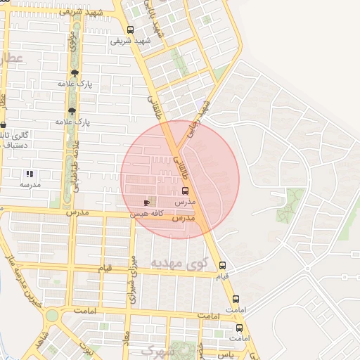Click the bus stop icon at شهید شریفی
coord(130,30)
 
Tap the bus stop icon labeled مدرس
coord(186,191)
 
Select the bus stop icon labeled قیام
coord(223,265)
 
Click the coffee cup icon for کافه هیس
coord(146,202)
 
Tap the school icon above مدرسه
coord(30,173)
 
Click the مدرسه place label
coord(29,184)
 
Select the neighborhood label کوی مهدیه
coord(169,263)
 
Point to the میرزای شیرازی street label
coord(131,278)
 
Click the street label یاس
coord(226,355)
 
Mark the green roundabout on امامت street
coord(51,315)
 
